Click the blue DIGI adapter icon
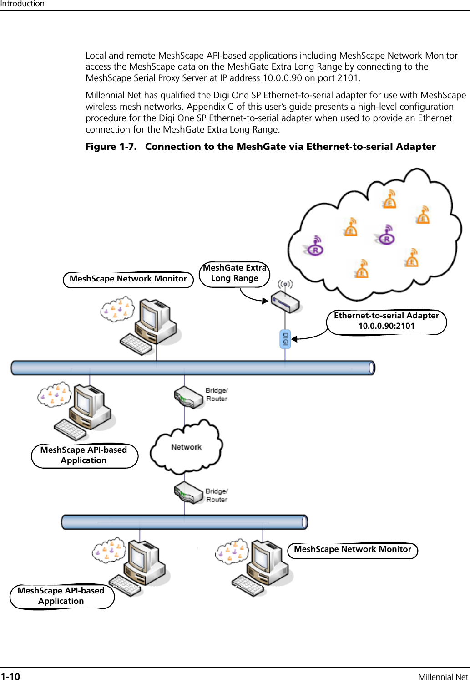click(285, 339)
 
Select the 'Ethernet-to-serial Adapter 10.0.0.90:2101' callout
click(386, 322)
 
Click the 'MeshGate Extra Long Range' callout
click(235, 274)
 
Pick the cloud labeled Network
click(187, 447)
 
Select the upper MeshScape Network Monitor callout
click(128, 279)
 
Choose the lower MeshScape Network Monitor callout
click(353, 550)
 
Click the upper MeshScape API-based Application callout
click(84, 455)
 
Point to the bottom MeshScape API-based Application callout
click(62, 596)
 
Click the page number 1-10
click(10, 676)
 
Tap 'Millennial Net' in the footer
click(443, 676)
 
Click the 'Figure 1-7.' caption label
click(111, 147)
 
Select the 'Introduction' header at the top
click(22, 4)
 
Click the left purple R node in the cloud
click(315, 246)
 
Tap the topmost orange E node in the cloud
click(389, 200)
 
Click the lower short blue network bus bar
click(184, 522)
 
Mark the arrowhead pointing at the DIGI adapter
click(294, 339)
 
